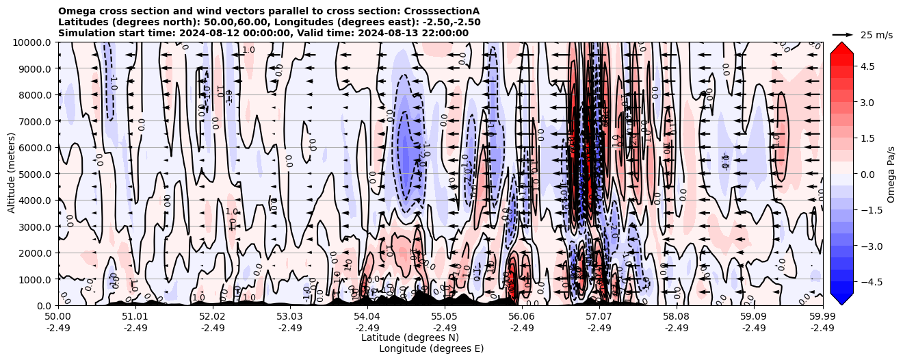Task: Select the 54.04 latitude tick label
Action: [x=367, y=317]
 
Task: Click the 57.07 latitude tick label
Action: [x=599, y=317]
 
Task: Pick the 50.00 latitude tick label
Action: [x=58, y=317]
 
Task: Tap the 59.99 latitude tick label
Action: [x=822, y=317]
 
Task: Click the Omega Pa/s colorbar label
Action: [x=891, y=175]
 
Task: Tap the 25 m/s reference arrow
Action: [x=842, y=34]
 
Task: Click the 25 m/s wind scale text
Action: [x=876, y=35]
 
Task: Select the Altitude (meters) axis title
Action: [x=12, y=174]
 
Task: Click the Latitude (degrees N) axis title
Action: [x=410, y=337]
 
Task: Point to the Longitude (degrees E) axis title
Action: [x=431, y=348]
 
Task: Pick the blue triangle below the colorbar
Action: [x=842, y=299]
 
